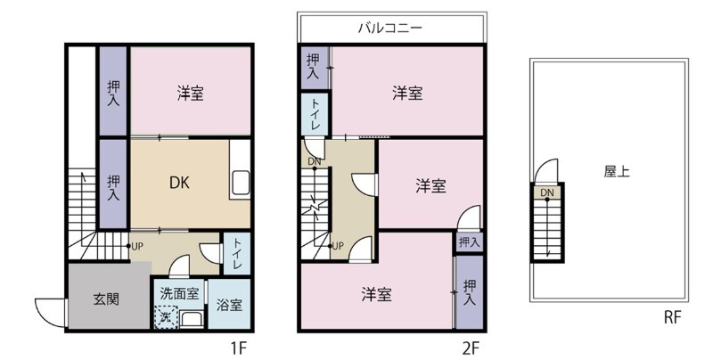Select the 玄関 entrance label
point(106,299)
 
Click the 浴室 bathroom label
point(229,305)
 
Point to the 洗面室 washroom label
point(179,291)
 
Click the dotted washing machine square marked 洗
point(166,316)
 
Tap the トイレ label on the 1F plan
point(238,252)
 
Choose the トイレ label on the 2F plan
point(316,114)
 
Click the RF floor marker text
point(673,315)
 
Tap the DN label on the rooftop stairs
point(545,192)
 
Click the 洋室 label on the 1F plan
point(190,93)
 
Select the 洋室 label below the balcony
point(407,93)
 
